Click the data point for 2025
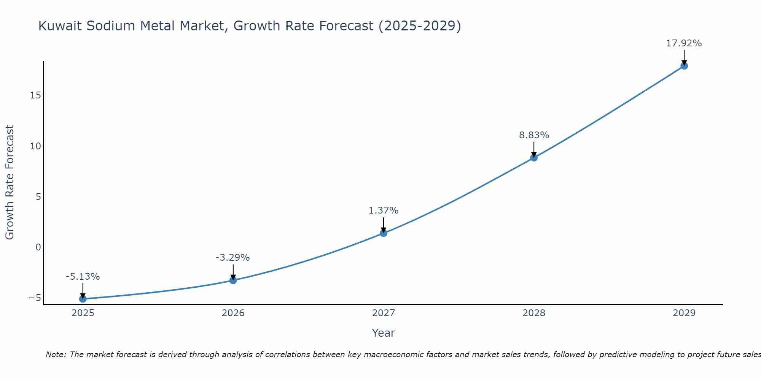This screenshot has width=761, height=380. pyautogui.click(x=83, y=299)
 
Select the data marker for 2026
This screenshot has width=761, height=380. pyautogui.click(x=233, y=280)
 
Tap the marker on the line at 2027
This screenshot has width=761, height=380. pyautogui.click(x=383, y=233)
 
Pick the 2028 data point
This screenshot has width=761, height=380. pyautogui.click(x=533, y=157)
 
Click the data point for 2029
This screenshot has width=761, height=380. pyautogui.click(x=684, y=66)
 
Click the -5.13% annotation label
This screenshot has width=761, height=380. pyautogui.click(x=83, y=276)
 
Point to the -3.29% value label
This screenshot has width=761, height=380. pyautogui.click(x=232, y=257)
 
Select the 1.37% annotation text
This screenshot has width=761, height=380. pyautogui.click(x=383, y=210)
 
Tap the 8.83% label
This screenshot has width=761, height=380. pyautogui.click(x=534, y=135)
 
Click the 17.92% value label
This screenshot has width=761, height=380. pyautogui.click(x=684, y=43)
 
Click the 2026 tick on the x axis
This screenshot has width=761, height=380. pyautogui.click(x=233, y=313)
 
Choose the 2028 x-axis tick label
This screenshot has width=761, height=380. pyautogui.click(x=533, y=313)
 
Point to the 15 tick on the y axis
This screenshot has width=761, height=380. pyautogui.click(x=35, y=95)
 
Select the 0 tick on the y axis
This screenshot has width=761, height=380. pyautogui.click(x=38, y=247)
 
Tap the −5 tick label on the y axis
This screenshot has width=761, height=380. pyautogui.click(x=35, y=298)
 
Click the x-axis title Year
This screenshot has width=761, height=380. pyautogui.click(x=383, y=333)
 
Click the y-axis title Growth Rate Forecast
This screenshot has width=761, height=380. pyautogui.click(x=10, y=182)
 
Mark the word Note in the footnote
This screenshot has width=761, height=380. pyautogui.click(x=56, y=355)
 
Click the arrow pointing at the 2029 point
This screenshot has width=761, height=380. pyautogui.click(x=684, y=57)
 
